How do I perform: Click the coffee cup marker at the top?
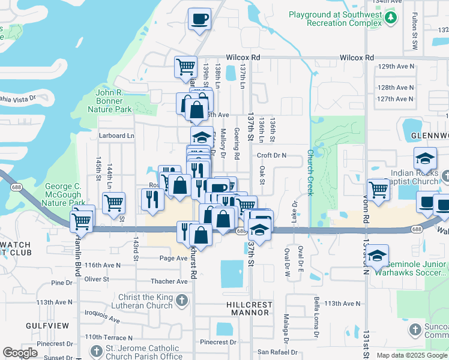(x=199, y=19)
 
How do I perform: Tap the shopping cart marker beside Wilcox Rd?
(x=186, y=67)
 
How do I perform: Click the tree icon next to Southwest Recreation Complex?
(x=391, y=18)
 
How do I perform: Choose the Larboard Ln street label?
(x=116, y=136)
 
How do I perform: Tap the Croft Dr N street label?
(x=272, y=155)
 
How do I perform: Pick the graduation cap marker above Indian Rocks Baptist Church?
(x=424, y=159)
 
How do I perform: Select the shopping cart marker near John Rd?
(x=378, y=190)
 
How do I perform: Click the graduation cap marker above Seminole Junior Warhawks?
(x=377, y=256)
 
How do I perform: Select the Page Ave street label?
(x=173, y=258)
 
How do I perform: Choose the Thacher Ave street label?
(x=169, y=281)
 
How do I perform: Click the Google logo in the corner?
(x=20, y=353)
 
